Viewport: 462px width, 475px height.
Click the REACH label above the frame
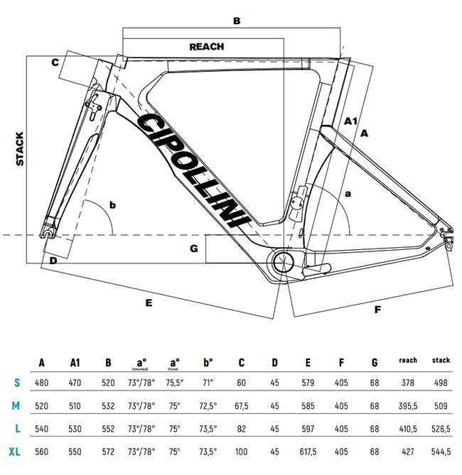(x=207, y=47)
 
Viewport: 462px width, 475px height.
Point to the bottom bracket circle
(x=281, y=261)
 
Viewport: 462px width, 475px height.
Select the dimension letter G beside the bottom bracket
(x=193, y=249)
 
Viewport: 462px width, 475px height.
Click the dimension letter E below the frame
(x=149, y=302)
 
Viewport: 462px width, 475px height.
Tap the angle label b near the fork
(x=112, y=206)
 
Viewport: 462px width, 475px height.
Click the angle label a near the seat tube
(x=348, y=193)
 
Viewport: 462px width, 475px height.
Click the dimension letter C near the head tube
(x=54, y=62)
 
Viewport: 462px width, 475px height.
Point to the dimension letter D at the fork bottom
(x=52, y=261)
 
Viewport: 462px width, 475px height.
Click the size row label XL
(x=17, y=452)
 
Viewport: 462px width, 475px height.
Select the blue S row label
(x=17, y=383)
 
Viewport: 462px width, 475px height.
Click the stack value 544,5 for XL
(x=441, y=452)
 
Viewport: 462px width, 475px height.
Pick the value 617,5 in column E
(x=308, y=452)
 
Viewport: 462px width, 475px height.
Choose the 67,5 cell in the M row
(x=241, y=406)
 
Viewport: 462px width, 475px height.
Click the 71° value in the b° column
(x=207, y=383)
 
